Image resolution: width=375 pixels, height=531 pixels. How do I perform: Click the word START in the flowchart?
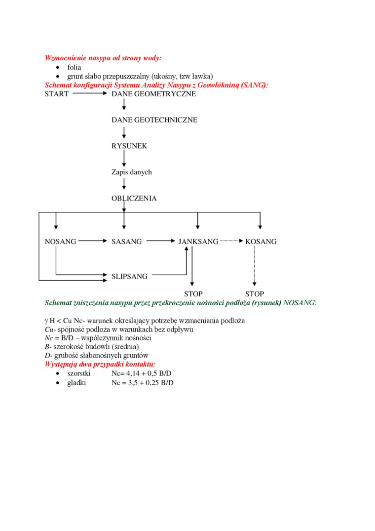tap(57, 94)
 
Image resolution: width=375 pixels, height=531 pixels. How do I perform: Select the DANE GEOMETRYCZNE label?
tap(153, 94)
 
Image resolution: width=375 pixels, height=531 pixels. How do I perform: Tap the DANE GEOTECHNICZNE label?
tap(154, 120)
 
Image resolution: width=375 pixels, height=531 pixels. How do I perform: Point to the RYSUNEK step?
tap(129, 146)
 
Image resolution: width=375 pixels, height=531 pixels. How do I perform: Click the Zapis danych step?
tap(132, 172)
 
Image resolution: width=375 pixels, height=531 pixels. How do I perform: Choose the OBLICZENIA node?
tap(134, 199)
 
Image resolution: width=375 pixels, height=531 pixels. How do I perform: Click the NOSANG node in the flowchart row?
tap(61, 242)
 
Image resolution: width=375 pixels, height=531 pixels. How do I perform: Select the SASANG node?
tap(127, 242)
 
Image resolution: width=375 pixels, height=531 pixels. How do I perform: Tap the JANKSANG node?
tap(198, 242)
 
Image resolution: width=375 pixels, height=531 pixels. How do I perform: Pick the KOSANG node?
tap(261, 242)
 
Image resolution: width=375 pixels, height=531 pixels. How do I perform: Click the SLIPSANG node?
tap(129, 277)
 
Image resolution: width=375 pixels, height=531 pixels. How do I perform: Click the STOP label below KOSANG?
tap(255, 294)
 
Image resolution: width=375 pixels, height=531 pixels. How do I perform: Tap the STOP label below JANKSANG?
tap(193, 294)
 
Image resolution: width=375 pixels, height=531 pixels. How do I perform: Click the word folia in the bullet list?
tap(75, 67)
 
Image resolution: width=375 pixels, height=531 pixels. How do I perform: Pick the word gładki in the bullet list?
tap(76, 383)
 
